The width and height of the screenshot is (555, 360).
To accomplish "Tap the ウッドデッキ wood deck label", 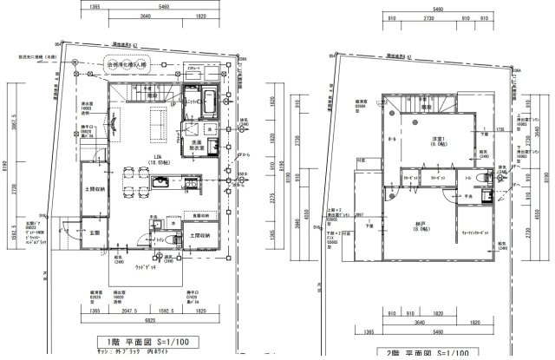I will [x=140, y=268].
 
